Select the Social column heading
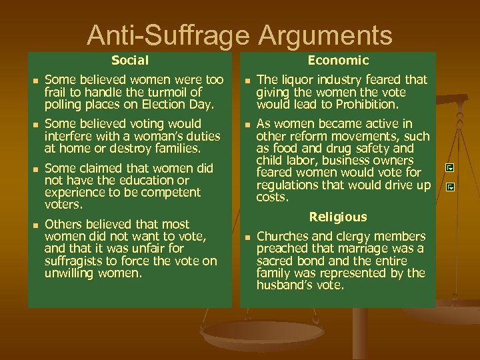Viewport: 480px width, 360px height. [130, 61]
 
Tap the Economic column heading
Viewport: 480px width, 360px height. [338, 61]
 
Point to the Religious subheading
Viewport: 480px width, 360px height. [338, 217]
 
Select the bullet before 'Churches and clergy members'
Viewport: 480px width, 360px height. [246, 237]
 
